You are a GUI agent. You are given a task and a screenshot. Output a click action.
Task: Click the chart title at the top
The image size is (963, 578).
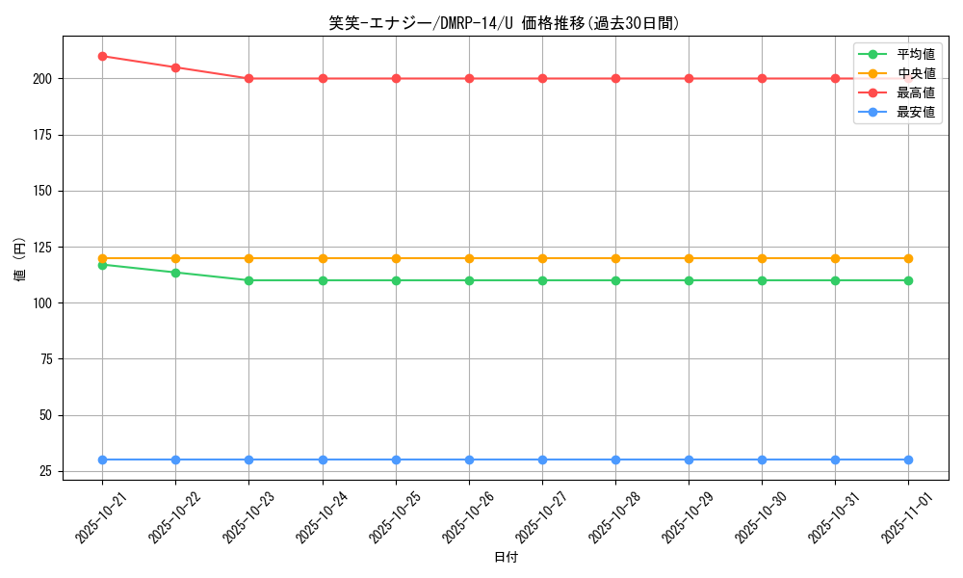tap(505, 23)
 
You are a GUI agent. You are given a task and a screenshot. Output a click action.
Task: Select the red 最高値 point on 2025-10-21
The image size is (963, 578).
tap(102, 56)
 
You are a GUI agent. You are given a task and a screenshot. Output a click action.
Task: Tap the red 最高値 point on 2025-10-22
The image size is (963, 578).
tap(175, 67)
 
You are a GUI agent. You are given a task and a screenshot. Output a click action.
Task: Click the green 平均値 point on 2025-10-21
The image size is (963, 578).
tap(102, 265)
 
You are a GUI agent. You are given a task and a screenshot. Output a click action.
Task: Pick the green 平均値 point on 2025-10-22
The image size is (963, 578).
tap(175, 273)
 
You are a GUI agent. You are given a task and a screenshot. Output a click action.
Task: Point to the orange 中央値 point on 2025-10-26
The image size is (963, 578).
tap(469, 258)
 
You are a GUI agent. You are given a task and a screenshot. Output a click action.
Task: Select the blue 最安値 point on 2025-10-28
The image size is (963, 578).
tap(615, 460)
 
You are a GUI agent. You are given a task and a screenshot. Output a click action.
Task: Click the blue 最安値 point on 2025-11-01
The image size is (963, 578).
tap(908, 460)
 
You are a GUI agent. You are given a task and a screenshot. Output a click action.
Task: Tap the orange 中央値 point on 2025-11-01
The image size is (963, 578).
tap(908, 258)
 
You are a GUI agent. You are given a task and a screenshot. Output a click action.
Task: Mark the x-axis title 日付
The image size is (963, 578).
tap(506, 558)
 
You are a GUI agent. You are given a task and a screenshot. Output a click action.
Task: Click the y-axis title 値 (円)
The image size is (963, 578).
tap(19, 258)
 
